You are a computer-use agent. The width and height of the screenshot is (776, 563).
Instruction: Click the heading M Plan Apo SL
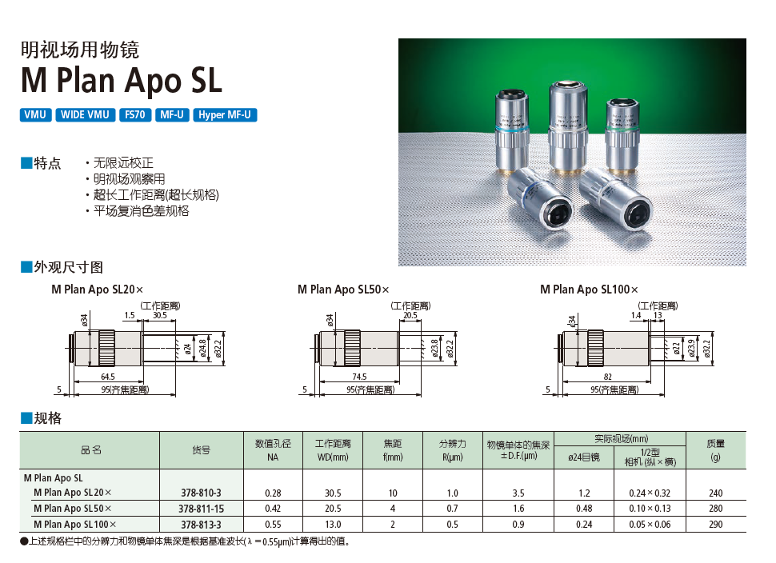121,81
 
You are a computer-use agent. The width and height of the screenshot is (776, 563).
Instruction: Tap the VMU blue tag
35,115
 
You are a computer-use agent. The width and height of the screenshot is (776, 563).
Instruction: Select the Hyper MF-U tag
225,115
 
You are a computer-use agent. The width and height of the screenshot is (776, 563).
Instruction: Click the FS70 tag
134,115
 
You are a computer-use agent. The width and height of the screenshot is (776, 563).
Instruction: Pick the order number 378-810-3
201,493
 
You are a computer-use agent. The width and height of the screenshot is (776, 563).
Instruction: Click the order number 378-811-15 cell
201,509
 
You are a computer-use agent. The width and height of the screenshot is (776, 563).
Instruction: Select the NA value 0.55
274,525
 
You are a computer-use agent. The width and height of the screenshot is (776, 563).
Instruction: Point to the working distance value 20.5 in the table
332,509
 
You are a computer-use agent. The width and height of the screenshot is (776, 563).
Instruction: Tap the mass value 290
715,525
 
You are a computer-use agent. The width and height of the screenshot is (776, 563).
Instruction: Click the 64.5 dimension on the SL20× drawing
108,377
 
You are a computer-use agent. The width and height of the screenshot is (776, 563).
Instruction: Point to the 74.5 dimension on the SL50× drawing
358,377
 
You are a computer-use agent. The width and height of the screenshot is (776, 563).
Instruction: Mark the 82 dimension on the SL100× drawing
608,377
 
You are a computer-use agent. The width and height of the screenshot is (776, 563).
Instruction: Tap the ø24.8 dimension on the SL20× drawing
202,348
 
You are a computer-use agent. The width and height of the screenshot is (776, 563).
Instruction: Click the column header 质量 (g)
715,450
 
